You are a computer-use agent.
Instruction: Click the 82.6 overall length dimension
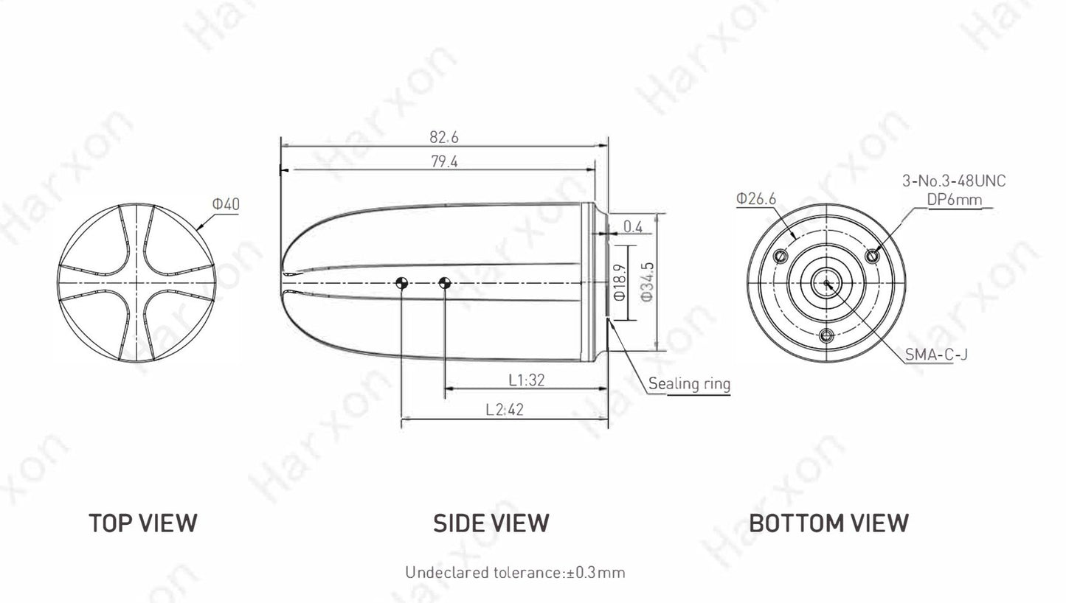coord(444,137)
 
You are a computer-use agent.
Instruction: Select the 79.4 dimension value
coord(445,161)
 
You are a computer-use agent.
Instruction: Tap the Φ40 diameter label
coord(226,204)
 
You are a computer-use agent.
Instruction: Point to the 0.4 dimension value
coord(632,227)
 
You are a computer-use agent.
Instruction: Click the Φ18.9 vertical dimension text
coord(620,282)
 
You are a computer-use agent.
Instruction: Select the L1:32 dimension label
coord(526,380)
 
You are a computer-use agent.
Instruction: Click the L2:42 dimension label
coord(505,409)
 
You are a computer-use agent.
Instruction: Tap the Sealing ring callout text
coord(689,384)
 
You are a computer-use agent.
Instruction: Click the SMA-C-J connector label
coord(936,355)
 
